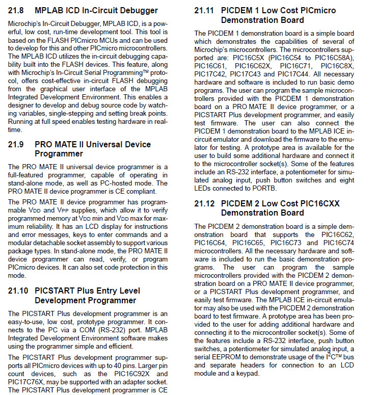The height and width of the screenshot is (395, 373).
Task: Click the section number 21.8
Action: (x=16, y=10)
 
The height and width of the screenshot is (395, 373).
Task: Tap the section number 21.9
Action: (x=16, y=144)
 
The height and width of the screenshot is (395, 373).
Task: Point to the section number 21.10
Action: (x=18, y=291)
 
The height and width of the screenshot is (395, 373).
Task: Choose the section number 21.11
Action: (x=205, y=10)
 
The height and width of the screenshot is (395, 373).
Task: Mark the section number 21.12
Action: (x=205, y=203)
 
